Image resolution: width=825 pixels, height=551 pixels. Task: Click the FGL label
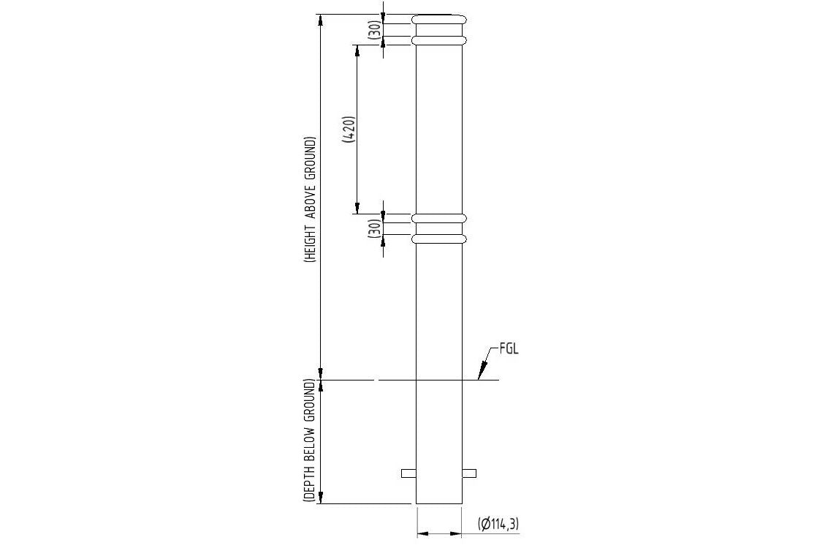pos(509,350)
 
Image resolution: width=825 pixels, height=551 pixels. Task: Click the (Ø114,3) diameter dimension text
pos(498,524)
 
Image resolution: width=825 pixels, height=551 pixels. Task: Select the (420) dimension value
pos(350,130)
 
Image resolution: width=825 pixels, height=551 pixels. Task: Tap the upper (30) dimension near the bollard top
pos(376,31)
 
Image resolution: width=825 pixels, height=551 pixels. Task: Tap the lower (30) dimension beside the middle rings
pos(376,228)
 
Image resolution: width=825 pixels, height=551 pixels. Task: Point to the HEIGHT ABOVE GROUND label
pos(311,200)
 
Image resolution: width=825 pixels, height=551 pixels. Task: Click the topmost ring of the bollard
pos(439,20)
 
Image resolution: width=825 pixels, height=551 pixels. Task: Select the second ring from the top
pos(439,40)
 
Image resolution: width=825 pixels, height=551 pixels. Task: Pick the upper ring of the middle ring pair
pos(439,218)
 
